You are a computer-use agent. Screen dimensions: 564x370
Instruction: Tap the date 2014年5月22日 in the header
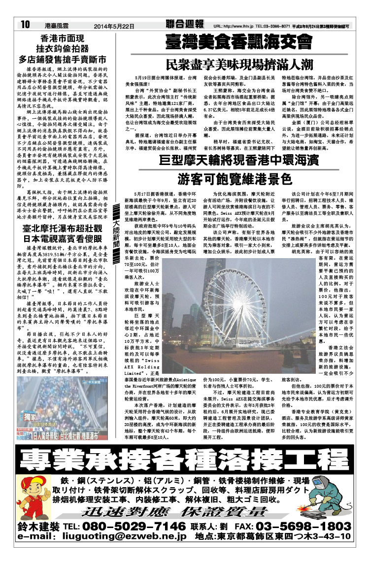113,25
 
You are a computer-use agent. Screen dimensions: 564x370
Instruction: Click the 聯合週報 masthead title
185,24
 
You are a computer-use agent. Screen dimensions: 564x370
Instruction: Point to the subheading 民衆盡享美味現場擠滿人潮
239,64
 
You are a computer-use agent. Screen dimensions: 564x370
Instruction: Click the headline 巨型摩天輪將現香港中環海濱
238,160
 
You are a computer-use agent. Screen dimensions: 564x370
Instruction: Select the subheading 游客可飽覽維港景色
238,179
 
